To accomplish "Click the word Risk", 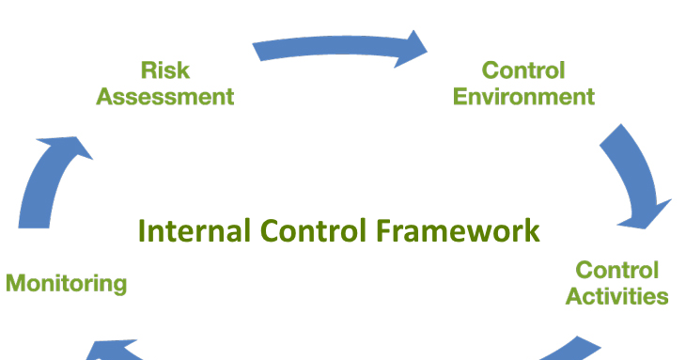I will pos(165,70).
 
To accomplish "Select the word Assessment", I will pos(165,96).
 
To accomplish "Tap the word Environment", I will pos(523,96).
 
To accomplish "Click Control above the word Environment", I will pos(523,70).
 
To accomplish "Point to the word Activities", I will pos(617,296).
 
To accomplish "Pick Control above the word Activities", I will pos(617,271).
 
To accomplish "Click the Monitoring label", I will pos(66,283).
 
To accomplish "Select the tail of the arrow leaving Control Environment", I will pos(612,137).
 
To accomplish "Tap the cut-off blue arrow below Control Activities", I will pos(569,351).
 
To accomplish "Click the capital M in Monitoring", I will pos(16,283).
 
